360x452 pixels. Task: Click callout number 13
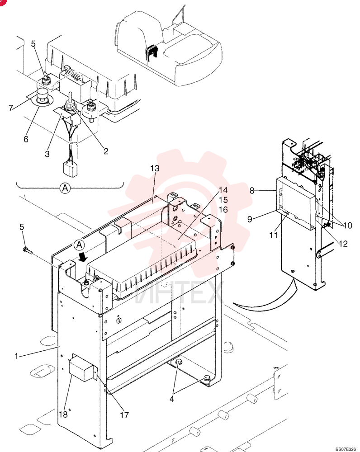[155, 168]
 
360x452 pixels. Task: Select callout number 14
[223, 190]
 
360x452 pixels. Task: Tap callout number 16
[223, 210]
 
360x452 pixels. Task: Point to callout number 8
[252, 191]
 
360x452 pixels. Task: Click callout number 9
[250, 219]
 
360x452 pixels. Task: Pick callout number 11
[273, 235]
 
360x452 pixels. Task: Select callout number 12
[343, 244]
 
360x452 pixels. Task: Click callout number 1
[16, 356]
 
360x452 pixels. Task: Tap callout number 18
[63, 414]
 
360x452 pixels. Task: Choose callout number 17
[124, 415]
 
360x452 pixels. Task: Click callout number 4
[172, 399]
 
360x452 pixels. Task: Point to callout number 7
[11, 108]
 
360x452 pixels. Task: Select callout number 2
[106, 151]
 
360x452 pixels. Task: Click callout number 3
[47, 154]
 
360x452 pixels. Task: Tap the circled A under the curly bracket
[65, 188]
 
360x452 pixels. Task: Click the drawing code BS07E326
[346, 449]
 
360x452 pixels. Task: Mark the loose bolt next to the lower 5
[27, 251]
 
